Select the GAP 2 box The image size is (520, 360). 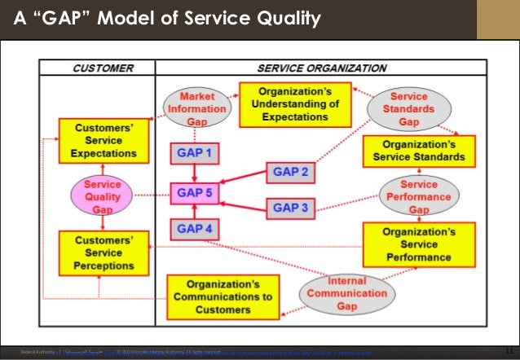tap(290, 173)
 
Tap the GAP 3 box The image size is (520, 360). tap(290, 209)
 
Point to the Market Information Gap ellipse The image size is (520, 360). tap(196, 108)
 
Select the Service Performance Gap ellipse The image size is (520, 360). tap(419, 196)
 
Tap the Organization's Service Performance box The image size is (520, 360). tap(419, 244)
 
